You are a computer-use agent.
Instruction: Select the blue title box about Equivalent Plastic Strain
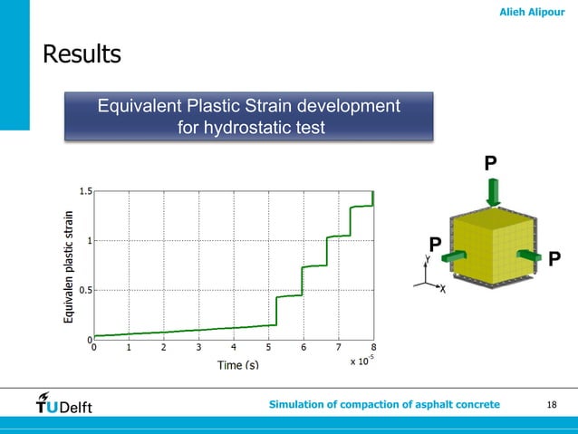click(249, 118)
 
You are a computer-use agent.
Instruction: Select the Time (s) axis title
click(237, 364)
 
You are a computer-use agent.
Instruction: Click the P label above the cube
click(490, 163)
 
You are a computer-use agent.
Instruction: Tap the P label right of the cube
click(554, 260)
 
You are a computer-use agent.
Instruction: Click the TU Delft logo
click(63, 403)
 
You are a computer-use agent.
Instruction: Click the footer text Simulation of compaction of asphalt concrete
click(384, 403)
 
